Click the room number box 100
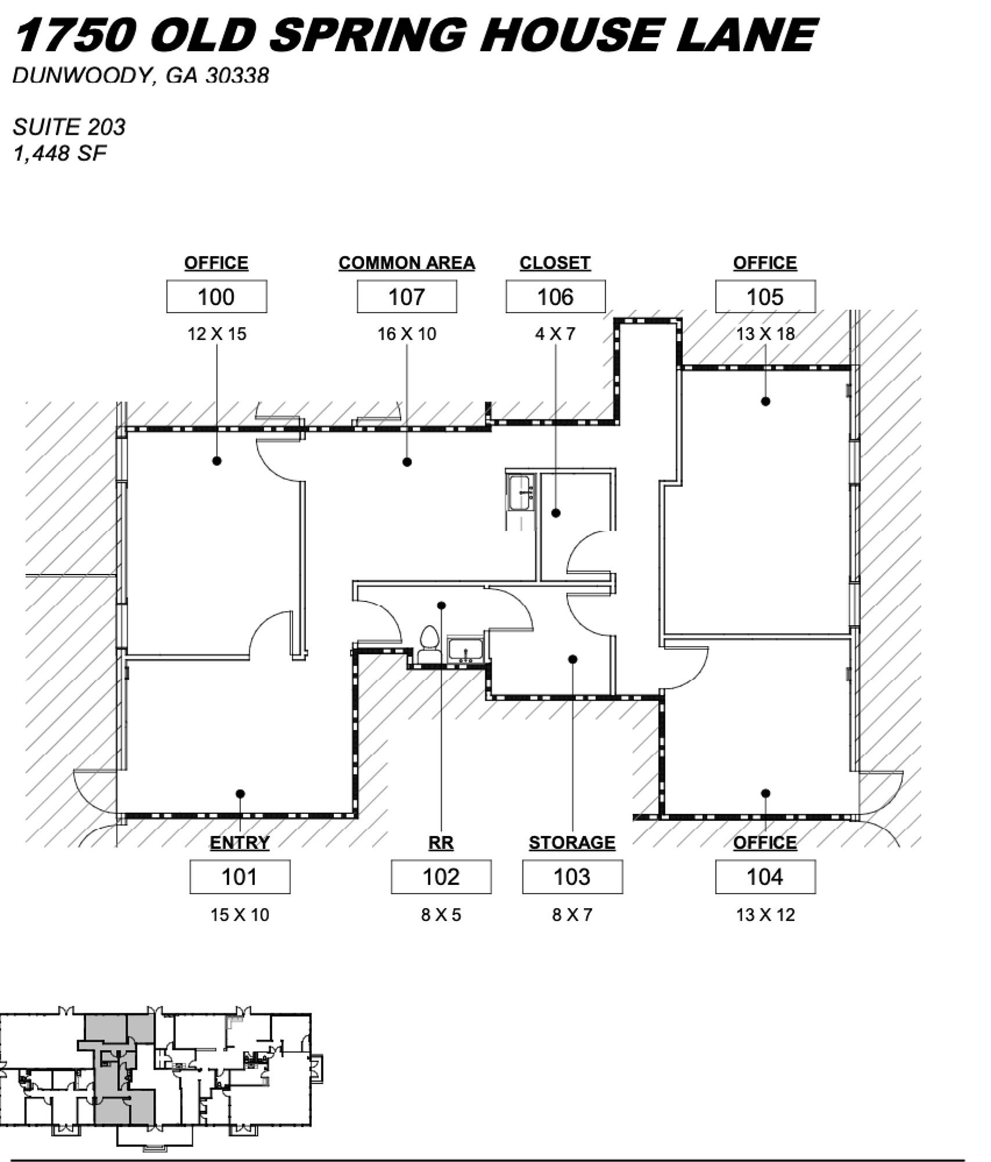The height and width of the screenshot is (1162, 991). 217,297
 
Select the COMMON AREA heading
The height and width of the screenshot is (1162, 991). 406,263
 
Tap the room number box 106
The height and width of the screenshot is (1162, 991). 556,297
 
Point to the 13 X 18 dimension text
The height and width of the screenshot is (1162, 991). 765,334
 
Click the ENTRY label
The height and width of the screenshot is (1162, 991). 240,843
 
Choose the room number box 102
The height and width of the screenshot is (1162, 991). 441,877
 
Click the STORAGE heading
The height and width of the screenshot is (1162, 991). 572,843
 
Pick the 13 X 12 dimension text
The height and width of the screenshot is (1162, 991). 765,915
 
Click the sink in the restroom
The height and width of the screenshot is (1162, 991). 466,650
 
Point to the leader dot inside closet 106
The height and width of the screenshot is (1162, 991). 556,513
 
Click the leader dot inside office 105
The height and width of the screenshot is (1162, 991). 766,401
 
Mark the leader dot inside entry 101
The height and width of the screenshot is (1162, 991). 240,794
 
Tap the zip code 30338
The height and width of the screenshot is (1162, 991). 237,76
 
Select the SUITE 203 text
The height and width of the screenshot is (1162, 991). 69,127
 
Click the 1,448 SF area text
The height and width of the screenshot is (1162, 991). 60,153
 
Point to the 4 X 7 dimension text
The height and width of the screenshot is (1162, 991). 556,334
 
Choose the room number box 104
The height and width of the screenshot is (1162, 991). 765,877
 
